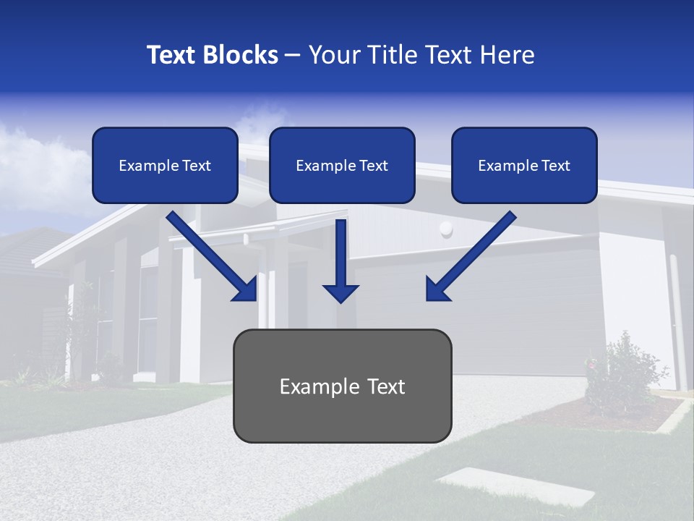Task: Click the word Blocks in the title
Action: click(x=241, y=55)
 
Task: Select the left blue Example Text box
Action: click(x=165, y=165)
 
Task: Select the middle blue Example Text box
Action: click(x=342, y=165)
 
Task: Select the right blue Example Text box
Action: click(x=524, y=165)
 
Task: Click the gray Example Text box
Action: click(x=342, y=386)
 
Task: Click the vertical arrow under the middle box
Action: click(x=340, y=253)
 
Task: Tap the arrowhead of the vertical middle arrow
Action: click(x=340, y=292)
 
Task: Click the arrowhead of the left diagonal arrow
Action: click(x=246, y=289)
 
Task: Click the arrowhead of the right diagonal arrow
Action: click(x=436, y=289)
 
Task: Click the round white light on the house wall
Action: click(x=446, y=229)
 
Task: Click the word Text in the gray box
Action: click(x=382, y=386)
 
